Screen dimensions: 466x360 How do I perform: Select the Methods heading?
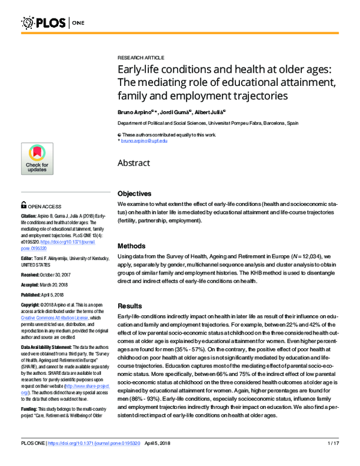point(131,246)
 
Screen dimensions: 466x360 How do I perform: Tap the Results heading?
point(130,306)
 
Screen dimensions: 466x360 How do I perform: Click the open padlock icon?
point(24,204)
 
